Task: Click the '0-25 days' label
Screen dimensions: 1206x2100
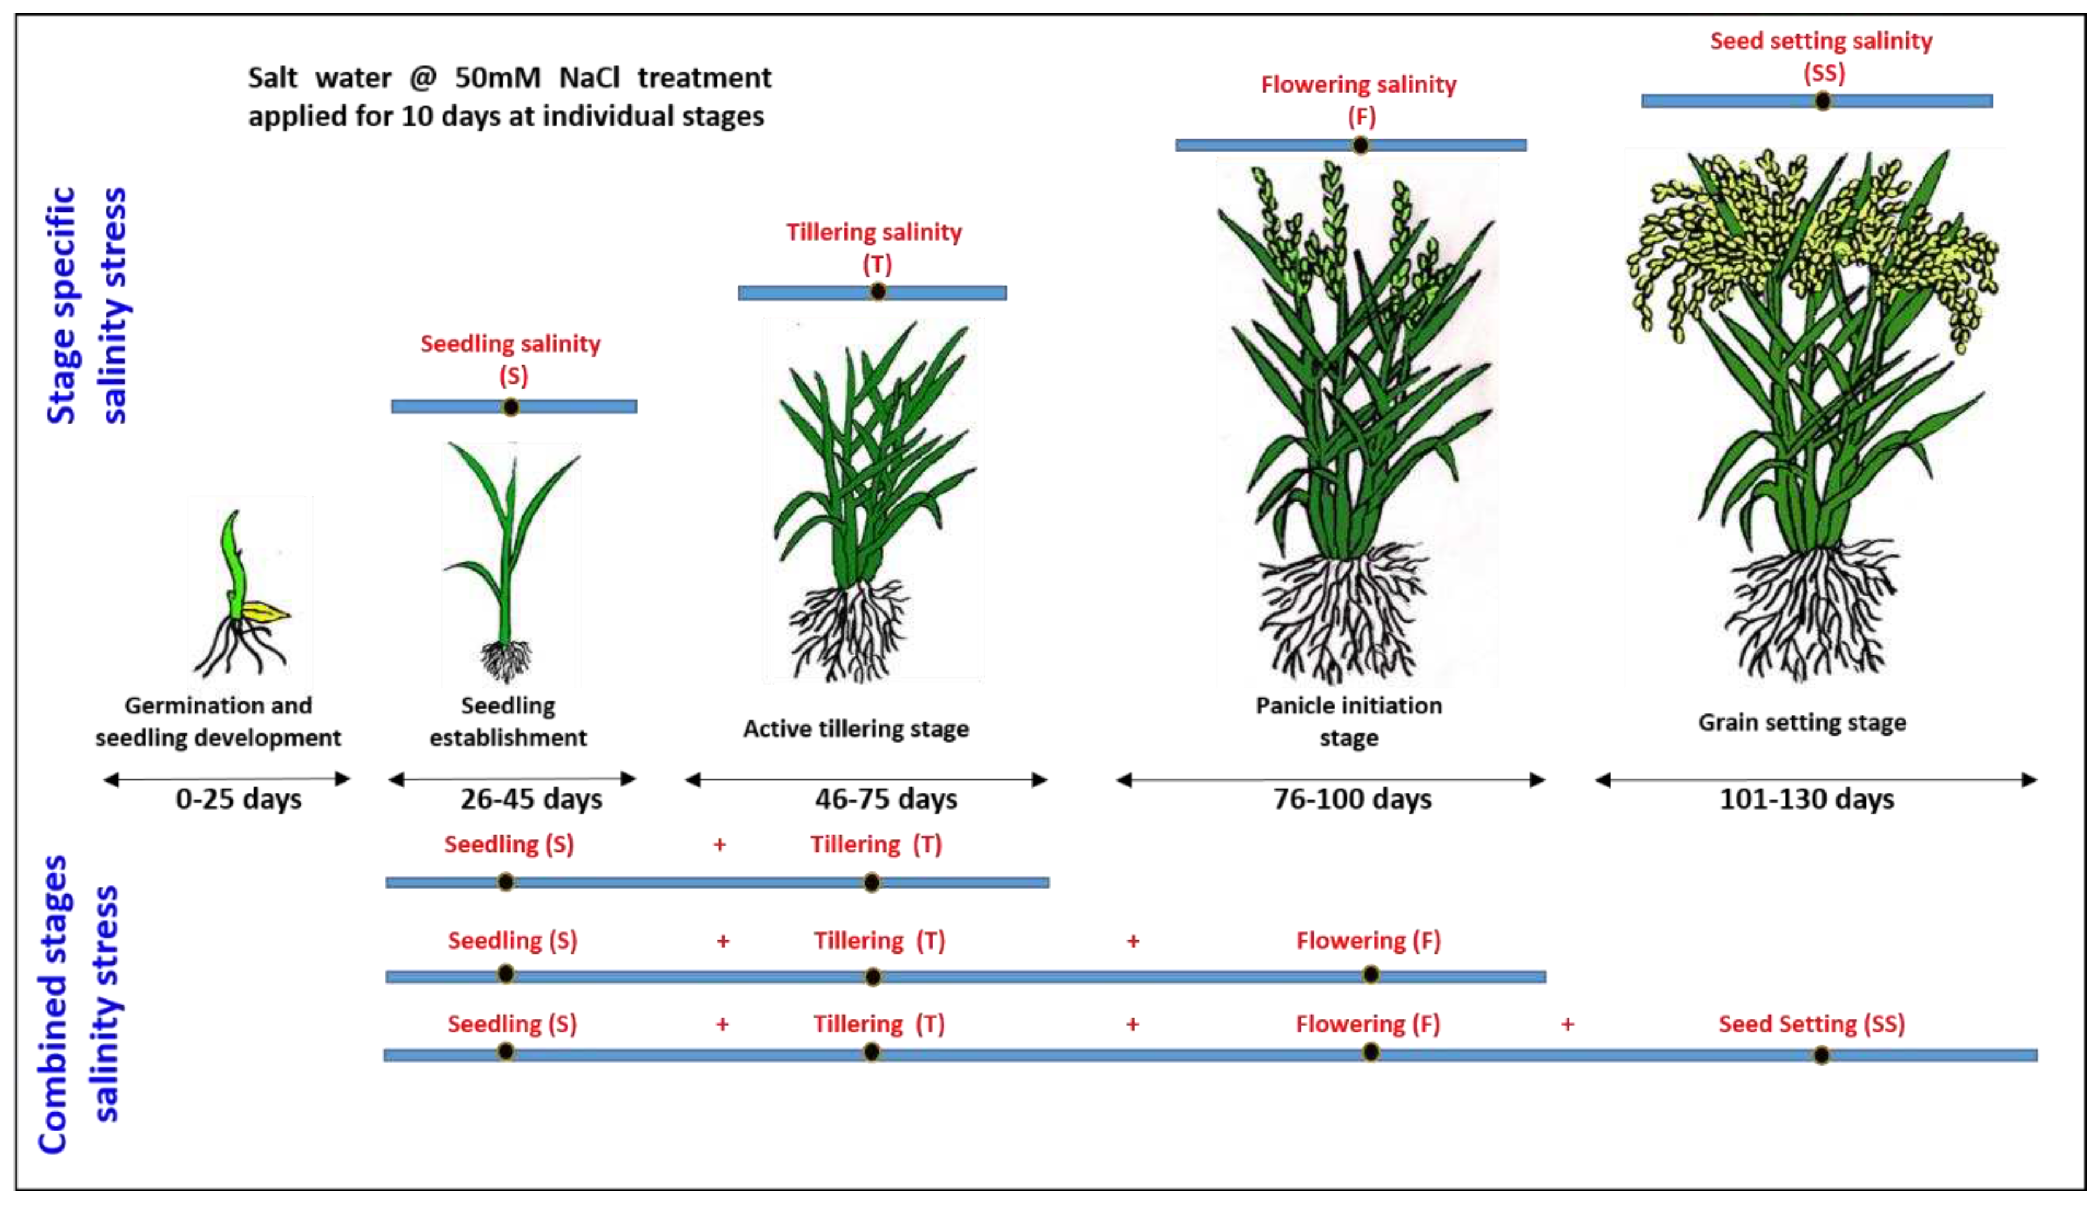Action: point(238,799)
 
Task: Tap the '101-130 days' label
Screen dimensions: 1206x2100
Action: point(1806,799)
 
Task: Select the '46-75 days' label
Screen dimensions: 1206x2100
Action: point(886,799)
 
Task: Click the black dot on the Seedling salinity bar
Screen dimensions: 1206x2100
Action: point(511,407)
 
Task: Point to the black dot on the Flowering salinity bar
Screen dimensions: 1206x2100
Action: point(1360,146)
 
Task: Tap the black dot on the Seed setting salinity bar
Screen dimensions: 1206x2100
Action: point(1822,101)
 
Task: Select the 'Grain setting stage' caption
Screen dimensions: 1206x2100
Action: point(1801,722)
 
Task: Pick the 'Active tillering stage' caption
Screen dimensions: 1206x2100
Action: point(856,729)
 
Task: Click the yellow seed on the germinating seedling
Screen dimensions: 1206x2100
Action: point(267,613)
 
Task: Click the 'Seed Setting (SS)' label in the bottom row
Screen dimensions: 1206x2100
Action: point(1812,1024)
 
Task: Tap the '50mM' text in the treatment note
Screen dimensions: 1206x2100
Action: point(498,78)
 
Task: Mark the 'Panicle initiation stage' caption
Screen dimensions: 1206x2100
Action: point(1349,720)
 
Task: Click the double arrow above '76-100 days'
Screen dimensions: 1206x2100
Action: point(1330,779)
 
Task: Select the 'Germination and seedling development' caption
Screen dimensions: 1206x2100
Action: point(218,720)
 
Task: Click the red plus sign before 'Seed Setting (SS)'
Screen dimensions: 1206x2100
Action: point(1567,1025)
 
